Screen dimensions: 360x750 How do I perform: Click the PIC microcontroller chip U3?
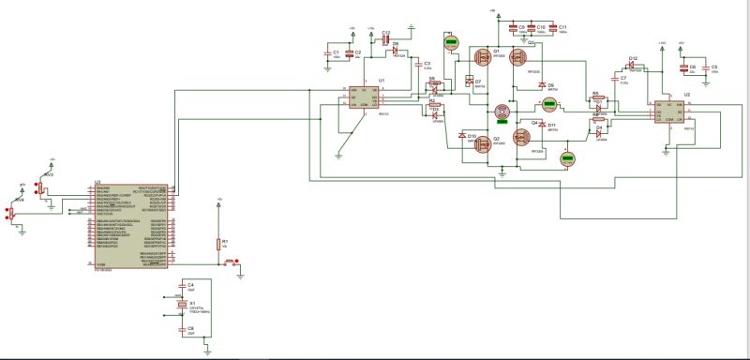coord(131,225)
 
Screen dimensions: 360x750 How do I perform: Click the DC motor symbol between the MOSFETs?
coord(502,112)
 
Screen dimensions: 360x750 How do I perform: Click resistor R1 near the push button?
coord(219,245)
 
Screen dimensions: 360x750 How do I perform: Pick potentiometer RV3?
coord(43,187)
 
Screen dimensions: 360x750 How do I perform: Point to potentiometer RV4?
coord(13,213)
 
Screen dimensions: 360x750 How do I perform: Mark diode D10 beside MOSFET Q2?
coord(461,139)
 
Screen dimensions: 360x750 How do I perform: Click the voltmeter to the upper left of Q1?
coord(451,42)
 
